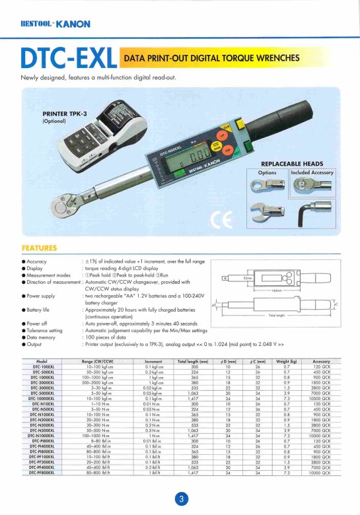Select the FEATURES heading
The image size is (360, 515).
tap(39, 248)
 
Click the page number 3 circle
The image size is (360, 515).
tap(179, 499)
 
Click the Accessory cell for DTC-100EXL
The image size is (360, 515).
tap(321, 367)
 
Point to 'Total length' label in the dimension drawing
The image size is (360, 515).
tap(276, 316)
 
